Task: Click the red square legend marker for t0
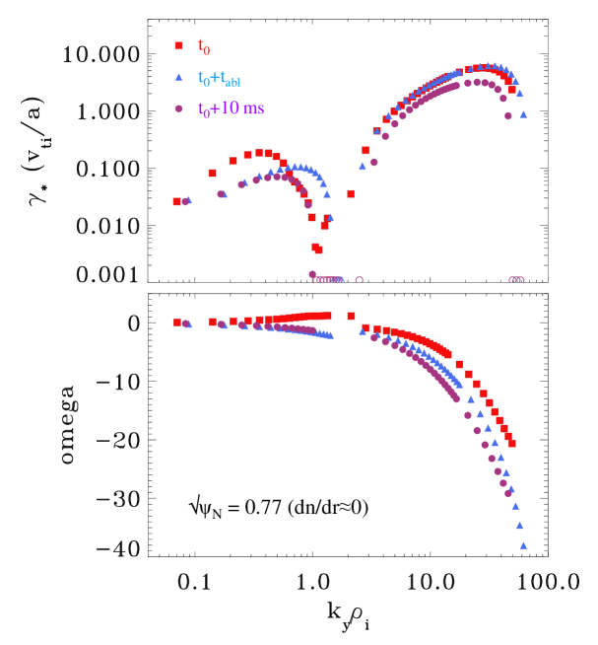[x=179, y=45]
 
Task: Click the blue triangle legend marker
[x=179, y=76]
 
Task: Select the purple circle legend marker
[x=179, y=107]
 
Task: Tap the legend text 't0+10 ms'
[x=230, y=107]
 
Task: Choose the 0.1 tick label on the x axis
[x=194, y=582]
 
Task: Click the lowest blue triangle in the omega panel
[x=523, y=544]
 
